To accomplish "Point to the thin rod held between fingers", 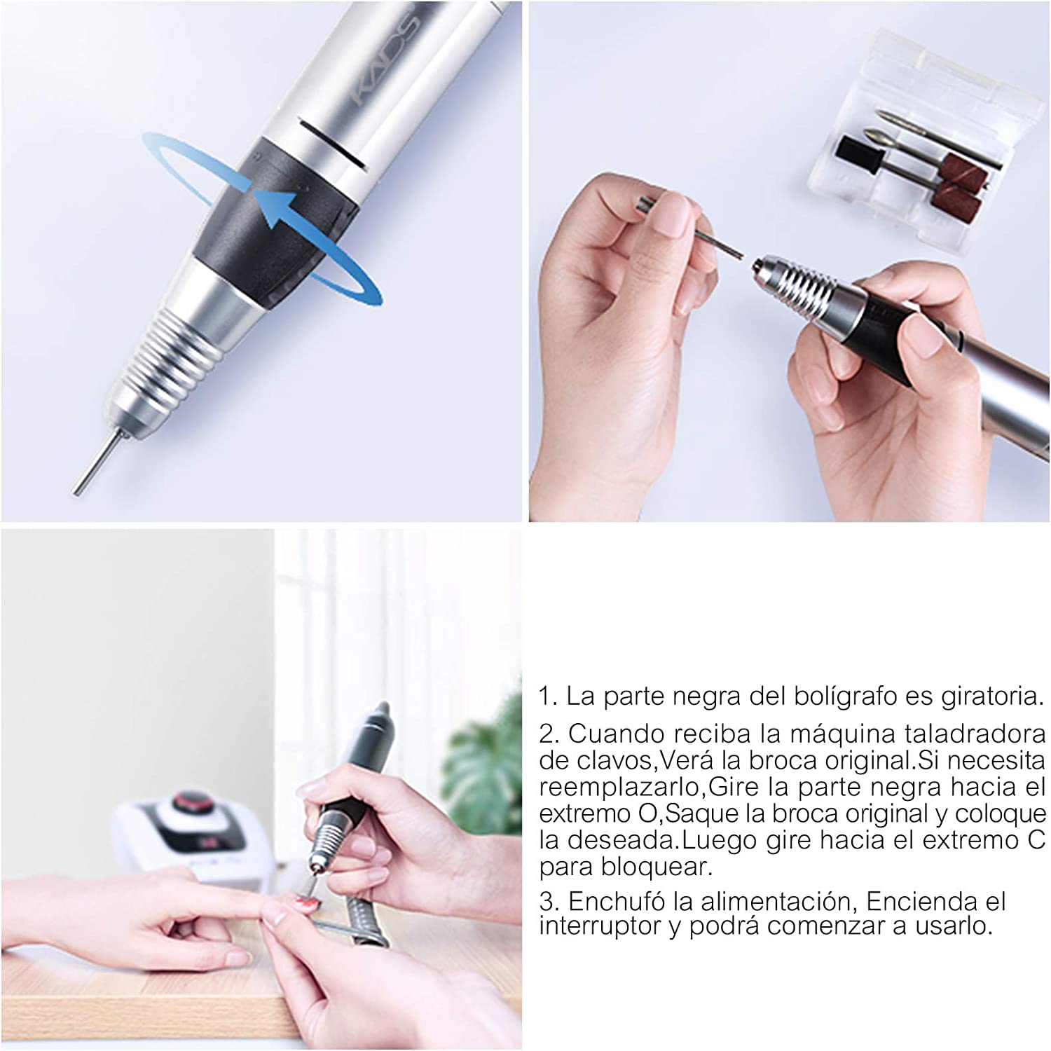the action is point(694,232).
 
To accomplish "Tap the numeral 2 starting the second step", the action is point(547,734).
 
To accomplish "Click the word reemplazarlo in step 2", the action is point(620,788).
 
